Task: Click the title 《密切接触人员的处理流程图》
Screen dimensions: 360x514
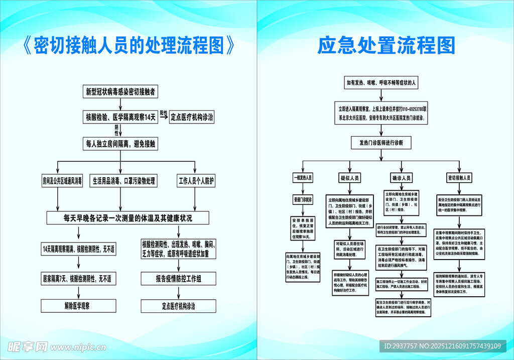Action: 128,46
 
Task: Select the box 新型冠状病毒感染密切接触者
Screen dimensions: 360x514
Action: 120,92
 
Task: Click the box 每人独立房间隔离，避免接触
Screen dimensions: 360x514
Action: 120,144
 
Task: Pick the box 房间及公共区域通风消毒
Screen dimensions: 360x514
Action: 62,181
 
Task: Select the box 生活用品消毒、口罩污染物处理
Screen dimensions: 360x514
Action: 123,181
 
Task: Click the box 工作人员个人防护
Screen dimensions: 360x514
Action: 196,181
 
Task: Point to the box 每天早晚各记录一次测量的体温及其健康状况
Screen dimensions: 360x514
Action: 128,218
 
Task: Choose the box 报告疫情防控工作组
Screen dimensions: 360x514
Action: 179,278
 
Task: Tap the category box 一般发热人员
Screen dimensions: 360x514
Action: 303,178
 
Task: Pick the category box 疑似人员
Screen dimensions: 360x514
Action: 349,178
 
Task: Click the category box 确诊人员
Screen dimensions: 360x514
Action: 402,178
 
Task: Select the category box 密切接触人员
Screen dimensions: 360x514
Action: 459,178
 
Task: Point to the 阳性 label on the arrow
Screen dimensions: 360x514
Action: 164,113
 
